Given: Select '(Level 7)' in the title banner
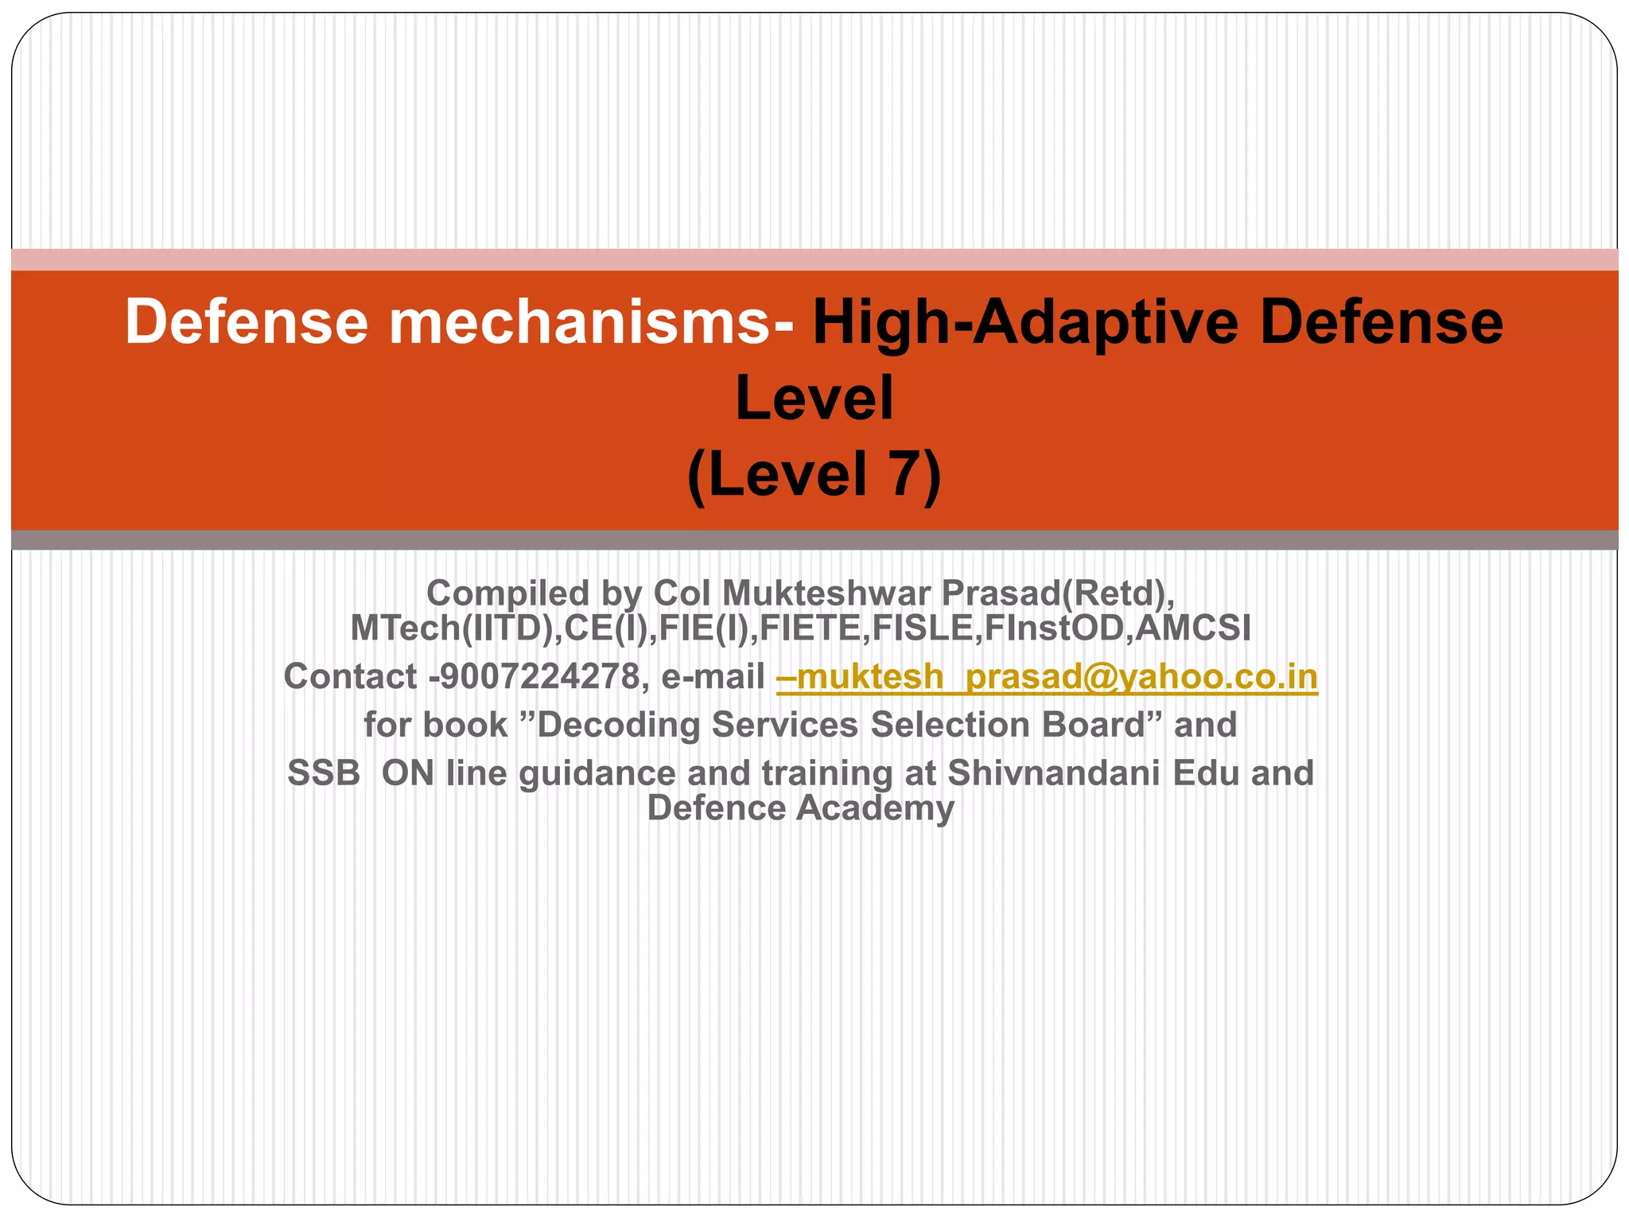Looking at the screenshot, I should click(814, 475).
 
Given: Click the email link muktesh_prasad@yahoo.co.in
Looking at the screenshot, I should click(1047, 677).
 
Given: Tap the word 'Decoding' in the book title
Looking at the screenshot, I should click(620, 725).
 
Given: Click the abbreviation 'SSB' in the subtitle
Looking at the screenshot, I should click(324, 773).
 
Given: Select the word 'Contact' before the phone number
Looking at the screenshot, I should click(350, 677).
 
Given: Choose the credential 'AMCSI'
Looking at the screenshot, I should click(1192, 628).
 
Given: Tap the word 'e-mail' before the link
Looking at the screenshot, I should click(713, 677).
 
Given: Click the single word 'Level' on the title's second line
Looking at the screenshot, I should click(814, 399).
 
